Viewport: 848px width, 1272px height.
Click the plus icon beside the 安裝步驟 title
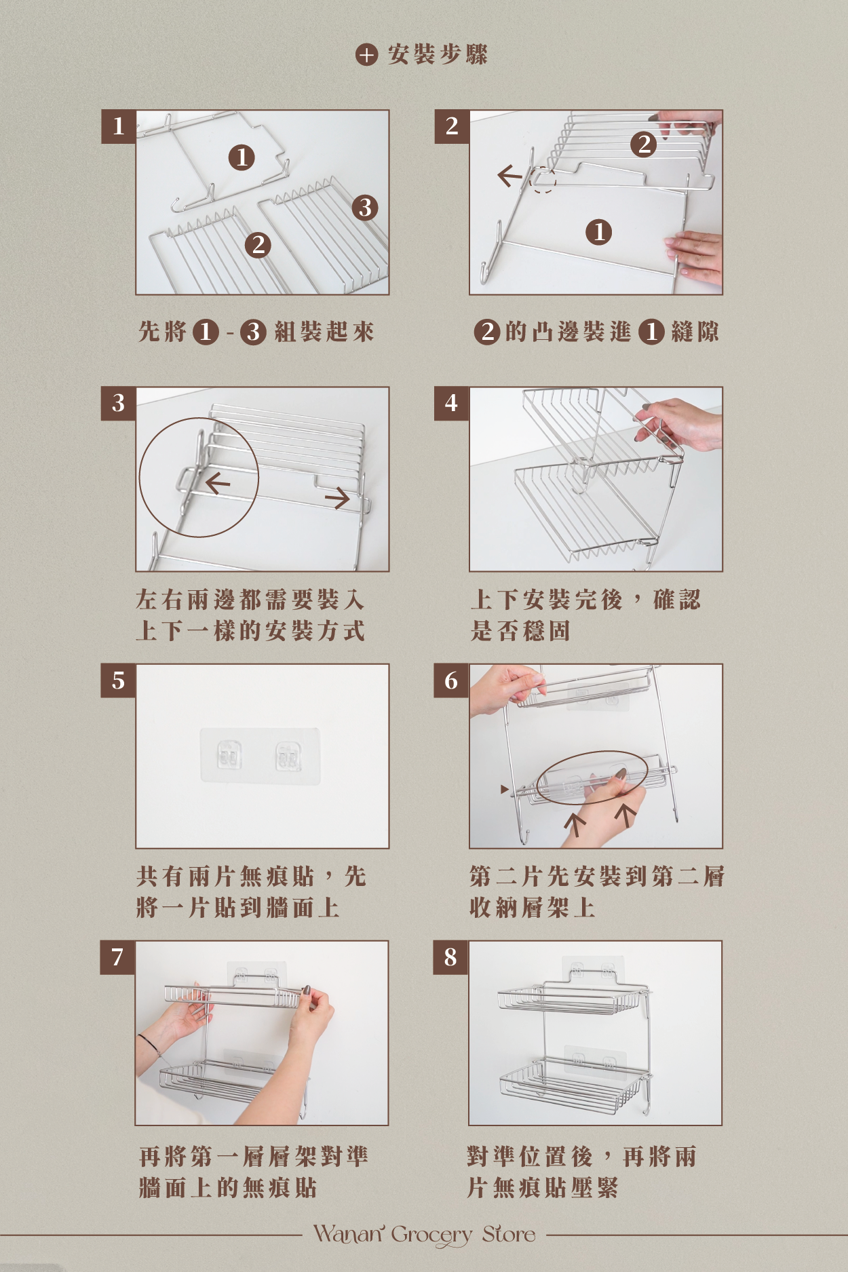366,54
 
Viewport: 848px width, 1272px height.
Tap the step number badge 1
119,126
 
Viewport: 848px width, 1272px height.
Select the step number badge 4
452,404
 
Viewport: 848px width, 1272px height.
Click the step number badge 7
118,957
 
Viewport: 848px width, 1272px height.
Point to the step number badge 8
451,957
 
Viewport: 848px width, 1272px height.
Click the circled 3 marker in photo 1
365,207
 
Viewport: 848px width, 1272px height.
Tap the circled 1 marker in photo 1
242,157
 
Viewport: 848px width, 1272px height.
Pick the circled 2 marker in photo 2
644,144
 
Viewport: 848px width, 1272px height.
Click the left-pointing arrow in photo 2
510,176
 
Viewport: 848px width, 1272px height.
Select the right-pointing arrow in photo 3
337,499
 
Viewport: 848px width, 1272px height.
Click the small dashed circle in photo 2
542,180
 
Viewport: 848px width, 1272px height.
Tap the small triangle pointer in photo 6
504,789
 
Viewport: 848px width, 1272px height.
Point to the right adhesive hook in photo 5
288,756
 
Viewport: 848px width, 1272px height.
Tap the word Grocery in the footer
432,1235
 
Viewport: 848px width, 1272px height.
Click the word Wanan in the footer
349,1233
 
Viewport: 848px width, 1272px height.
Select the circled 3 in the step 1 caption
253,332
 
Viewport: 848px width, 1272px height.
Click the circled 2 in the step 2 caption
486,332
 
